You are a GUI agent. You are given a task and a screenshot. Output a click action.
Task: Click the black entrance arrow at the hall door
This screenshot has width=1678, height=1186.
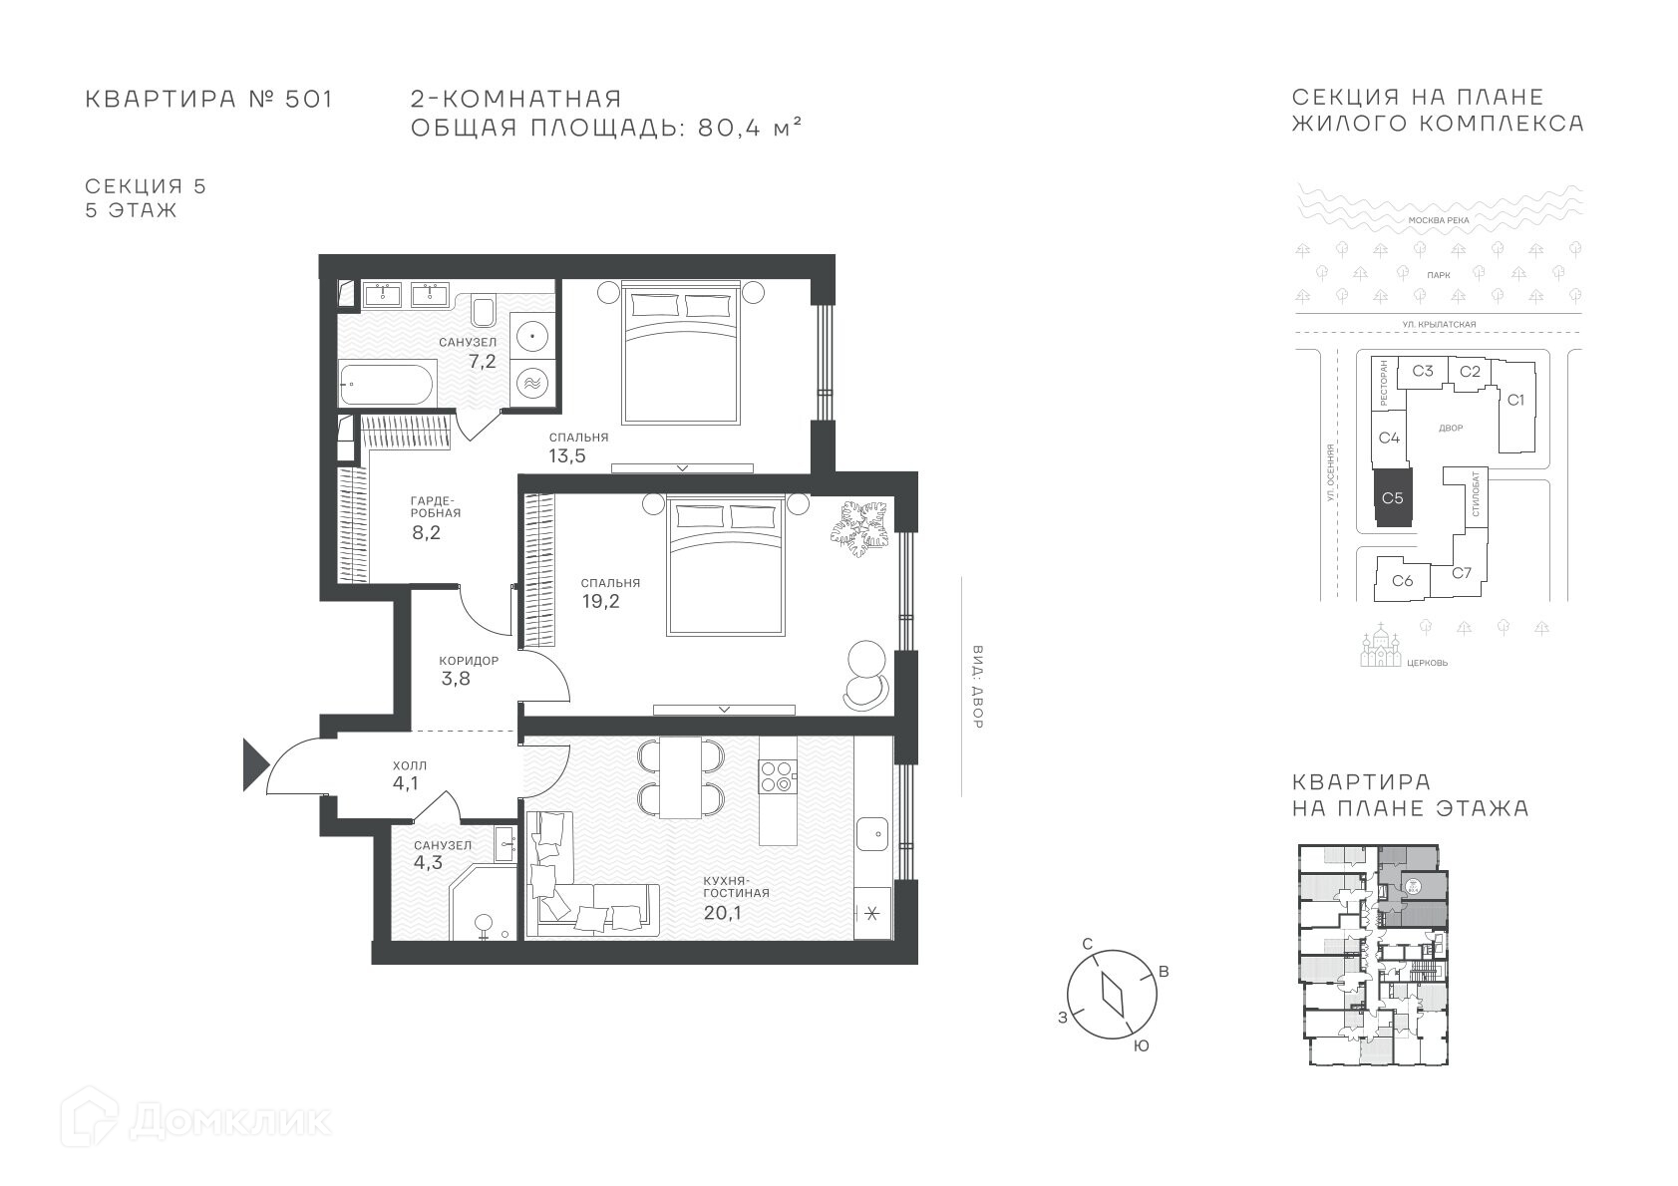pyautogui.click(x=254, y=764)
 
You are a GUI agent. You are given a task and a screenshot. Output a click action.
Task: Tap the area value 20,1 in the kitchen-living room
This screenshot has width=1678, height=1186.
pyautogui.click(x=722, y=913)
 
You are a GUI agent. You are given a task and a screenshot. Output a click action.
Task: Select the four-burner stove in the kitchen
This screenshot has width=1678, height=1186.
pyautogui.click(x=776, y=776)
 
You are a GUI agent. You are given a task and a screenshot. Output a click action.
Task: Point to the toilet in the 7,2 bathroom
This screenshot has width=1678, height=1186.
pyautogui.click(x=484, y=311)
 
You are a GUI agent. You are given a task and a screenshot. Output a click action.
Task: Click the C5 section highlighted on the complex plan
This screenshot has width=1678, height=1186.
pyautogui.click(x=1393, y=498)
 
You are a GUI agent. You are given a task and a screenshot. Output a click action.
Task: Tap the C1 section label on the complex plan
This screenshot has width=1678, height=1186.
pyautogui.click(x=1515, y=400)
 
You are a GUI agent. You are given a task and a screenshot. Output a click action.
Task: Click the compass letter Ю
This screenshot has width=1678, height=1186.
pyautogui.click(x=1141, y=1046)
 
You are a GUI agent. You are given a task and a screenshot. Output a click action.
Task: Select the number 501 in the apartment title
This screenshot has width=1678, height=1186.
pyautogui.click(x=308, y=99)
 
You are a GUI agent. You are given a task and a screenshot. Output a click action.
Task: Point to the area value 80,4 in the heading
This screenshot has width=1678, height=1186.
pyautogui.click(x=729, y=128)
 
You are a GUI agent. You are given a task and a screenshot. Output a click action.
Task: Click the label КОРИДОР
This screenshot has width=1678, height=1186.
pyautogui.click(x=469, y=661)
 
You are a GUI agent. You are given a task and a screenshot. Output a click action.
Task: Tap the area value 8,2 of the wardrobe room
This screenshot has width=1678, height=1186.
pyautogui.click(x=426, y=533)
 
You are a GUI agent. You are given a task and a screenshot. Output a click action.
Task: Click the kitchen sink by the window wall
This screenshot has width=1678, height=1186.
pyautogui.click(x=872, y=833)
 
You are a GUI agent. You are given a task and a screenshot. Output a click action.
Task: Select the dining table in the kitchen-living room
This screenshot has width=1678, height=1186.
pyautogui.click(x=680, y=777)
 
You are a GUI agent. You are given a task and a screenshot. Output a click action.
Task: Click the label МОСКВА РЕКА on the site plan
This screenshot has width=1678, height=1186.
pyautogui.click(x=1439, y=220)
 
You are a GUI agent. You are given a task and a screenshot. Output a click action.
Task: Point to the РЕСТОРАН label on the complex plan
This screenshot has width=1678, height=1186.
pyautogui.click(x=1384, y=383)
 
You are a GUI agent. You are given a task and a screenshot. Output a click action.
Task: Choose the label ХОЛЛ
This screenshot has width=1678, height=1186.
pyautogui.click(x=410, y=766)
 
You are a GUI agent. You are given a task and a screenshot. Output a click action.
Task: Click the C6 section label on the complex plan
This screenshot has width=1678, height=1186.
pyautogui.click(x=1403, y=580)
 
